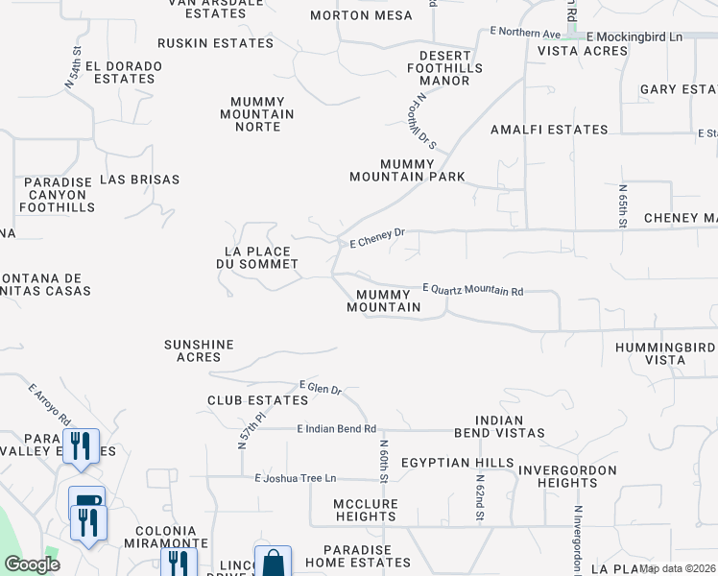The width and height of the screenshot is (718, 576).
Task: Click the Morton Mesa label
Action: point(362,15)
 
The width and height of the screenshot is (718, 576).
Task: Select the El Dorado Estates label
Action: point(124,72)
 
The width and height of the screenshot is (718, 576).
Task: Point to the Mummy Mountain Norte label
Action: point(263,114)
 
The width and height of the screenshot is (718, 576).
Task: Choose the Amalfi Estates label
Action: point(549,130)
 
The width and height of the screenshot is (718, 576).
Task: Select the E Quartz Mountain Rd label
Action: point(473,290)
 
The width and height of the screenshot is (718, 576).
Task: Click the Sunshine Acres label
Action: point(199,350)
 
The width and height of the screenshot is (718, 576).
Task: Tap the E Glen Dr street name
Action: point(321,387)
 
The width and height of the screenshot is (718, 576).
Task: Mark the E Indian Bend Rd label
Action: point(337,429)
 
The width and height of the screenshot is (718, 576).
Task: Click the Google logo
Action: point(32,564)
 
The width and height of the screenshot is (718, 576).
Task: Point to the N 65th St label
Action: point(622,206)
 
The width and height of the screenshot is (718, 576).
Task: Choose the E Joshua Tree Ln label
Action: point(297,478)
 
